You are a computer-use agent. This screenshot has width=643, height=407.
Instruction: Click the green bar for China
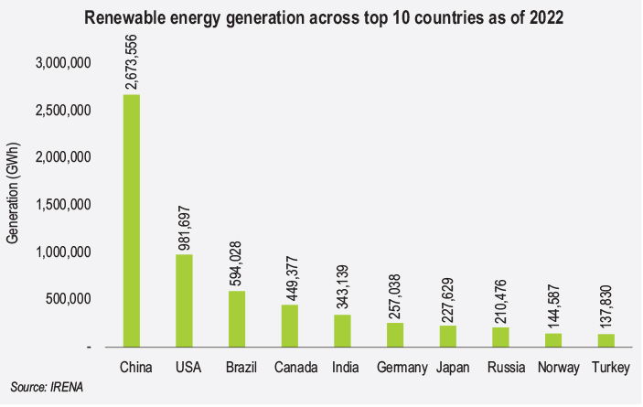point(131,220)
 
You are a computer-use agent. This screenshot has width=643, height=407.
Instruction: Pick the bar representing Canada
point(290,325)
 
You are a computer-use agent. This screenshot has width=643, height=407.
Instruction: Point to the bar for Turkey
point(607,340)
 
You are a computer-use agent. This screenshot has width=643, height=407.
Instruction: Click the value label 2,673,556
point(132,59)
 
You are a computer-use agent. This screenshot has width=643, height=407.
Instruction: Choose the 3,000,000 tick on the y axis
point(63,63)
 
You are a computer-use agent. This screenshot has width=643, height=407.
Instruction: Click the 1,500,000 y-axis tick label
point(63,205)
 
